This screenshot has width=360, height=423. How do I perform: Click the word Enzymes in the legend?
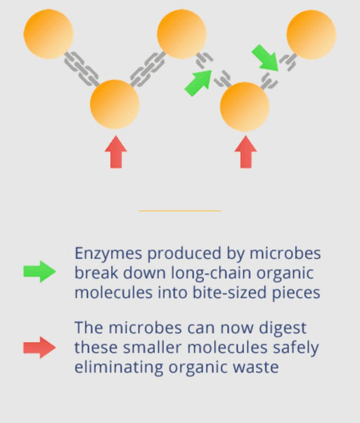(x=108, y=254)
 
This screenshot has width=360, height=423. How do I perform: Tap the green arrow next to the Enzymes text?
(x=39, y=272)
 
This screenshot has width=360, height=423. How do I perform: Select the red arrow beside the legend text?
(x=39, y=348)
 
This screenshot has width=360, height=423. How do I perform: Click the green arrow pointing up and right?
(x=198, y=83)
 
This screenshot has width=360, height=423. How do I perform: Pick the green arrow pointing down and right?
(x=265, y=58)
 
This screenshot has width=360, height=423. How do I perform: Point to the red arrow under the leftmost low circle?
(x=116, y=152)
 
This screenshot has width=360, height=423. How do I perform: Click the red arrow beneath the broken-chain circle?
(x=246, y=152)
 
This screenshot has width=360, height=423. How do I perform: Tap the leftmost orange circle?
(x=49, y=34)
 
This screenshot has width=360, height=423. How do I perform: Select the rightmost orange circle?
(x=311, y=34)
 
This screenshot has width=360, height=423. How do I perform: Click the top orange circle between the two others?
(x=181, y=34)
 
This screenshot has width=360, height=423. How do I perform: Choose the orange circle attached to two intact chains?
(x=115, y=104)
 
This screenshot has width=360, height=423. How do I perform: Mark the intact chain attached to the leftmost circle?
(x=82, y=69)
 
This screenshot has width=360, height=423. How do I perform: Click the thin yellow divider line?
(x=180, y=210)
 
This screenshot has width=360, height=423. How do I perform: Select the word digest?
(x=283, y=328)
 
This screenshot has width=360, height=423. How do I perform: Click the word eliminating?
(x=119, y=367)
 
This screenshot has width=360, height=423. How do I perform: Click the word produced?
(x=184, y=254)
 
